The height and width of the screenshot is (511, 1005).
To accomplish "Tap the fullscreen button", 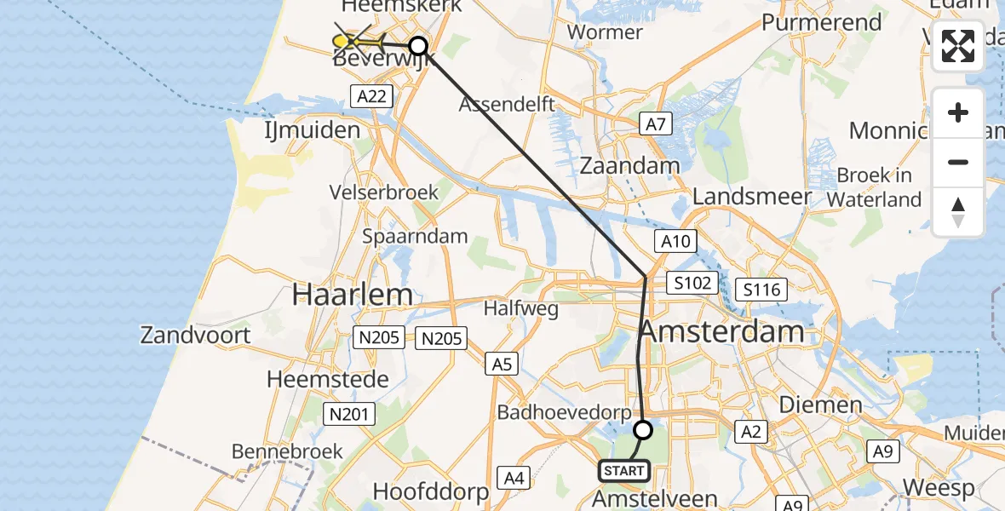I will (x=958, y=46).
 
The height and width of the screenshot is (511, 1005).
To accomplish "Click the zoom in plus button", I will (x=958, y=112).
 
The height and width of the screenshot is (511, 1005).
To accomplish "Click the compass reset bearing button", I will (x=958, y=212).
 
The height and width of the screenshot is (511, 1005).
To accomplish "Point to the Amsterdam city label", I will (x=721, y=331).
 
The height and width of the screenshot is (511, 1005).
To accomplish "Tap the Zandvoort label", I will (x=196, y=335).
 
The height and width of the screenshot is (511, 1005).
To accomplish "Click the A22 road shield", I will (x=372, y=96).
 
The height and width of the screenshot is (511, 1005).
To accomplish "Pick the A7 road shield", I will (x=655, y=125).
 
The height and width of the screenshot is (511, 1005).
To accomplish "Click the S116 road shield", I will (x=761, y=290).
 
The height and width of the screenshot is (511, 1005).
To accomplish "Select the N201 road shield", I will (x=349, y=415).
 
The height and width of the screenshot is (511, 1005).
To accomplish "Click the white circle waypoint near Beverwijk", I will (x=418, y=46).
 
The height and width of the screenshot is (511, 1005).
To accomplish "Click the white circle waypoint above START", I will (x=643, y=430).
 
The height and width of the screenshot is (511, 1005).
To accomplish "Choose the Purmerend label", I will (x=821, y=22).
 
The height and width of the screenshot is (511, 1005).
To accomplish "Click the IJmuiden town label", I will (x=311, y=130).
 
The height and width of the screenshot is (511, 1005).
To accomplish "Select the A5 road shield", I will (x=501, y=365).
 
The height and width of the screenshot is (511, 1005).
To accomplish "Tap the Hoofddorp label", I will (x=431, y=491).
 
